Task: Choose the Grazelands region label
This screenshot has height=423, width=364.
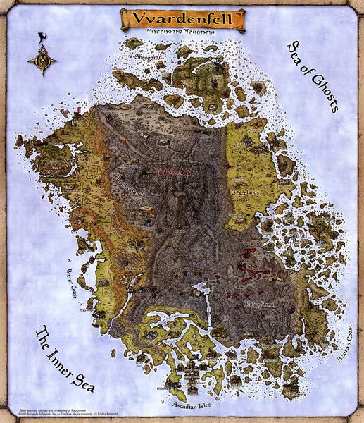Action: [x=246, y=191]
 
